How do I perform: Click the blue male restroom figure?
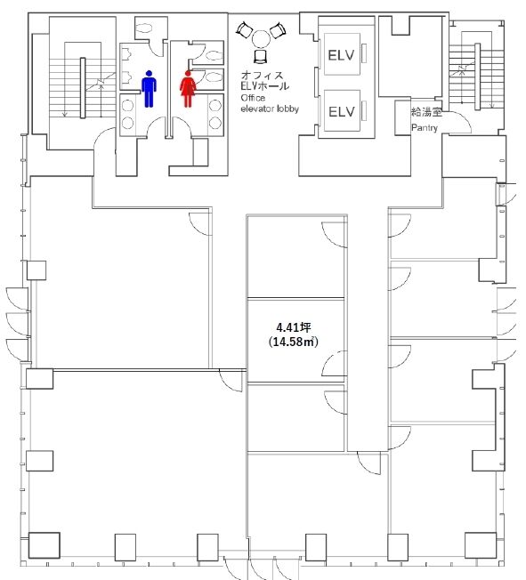pyautogui.click(x=149, y=89)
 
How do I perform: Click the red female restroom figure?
pyautogui.click(x=188, y=89)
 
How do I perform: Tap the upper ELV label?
pyautogui.click(x=341, y=55)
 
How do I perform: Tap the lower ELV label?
pyautogui.click(x=341, y=111)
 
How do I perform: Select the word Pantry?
pyautogui.click(x=425, y=128)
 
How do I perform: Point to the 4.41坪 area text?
pyautogui.click(x=294, y=327)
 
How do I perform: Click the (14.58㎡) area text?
pyautogui.click(x=294, y=342)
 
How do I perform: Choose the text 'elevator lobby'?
pyautogui.click(x=270, y=109)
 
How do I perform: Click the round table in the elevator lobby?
pyautogui.click(x=262, y=39)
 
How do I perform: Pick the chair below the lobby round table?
pyautogui.click(x=261, y=56)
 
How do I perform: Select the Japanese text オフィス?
pyautogui.click(x=262, y=76)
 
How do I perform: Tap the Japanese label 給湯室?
pyautogui.click(x=426, y=112)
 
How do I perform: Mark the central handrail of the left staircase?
pyautogui.click(x=83, y=88)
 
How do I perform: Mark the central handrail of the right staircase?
pyautogui.click(x=478, y=77)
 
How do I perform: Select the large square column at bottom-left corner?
pyautogui.click(x=44, y=545)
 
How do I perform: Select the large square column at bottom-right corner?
pyautogui.click(x=481, y=545)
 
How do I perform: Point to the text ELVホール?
pyautogui.click(x=264, y=86)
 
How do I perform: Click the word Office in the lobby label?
pyautogui.click(x=253, y=98)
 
